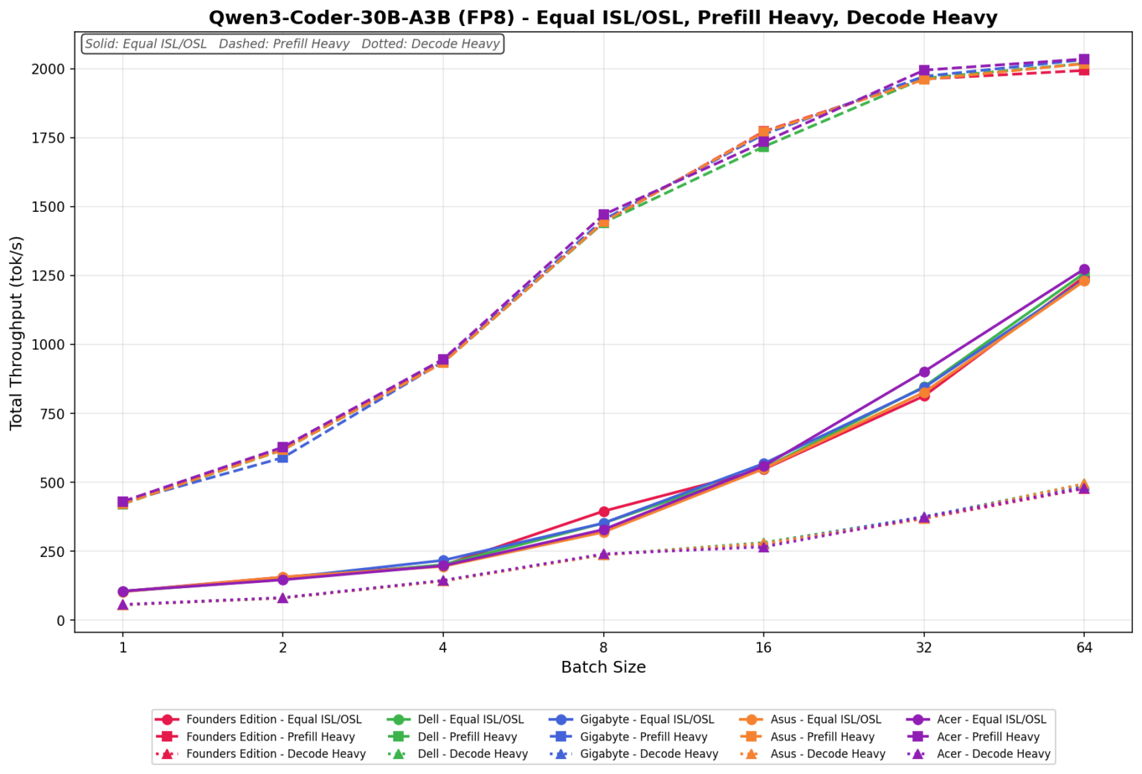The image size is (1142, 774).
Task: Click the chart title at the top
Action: click(603, 17)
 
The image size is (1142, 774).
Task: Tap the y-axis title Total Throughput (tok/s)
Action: click(16, 332)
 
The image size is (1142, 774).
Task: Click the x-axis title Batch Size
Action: click(603, 667)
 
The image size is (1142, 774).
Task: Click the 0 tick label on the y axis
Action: click(61, 620)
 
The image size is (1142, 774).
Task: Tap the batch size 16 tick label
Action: click(764, 647)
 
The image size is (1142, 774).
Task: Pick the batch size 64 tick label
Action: click(1084, 647)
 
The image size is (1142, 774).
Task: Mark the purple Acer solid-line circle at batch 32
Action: click(924, 372)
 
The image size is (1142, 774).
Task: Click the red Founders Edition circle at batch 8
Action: click(604, 512)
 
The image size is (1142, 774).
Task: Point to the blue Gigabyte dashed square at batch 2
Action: click(283, 457)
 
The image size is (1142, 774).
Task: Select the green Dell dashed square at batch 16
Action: click(764, 146)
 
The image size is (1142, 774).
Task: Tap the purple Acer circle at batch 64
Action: click(1084, 270)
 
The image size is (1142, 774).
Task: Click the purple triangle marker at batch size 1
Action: click(123, 604)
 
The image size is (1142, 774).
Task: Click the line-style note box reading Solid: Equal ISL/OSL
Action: click(292, 44)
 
